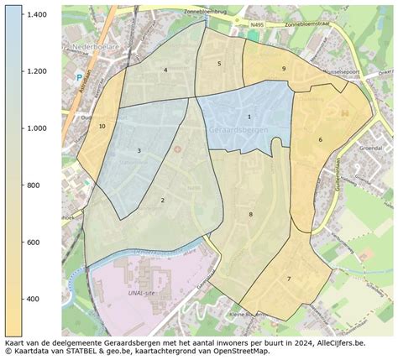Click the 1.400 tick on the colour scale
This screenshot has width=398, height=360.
[x=36, y=15]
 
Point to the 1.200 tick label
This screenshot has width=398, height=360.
[x=36, y=71]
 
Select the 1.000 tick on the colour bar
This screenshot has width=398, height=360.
[x=36, y=128]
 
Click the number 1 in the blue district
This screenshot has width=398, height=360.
[x=249, y=117]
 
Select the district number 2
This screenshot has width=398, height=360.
[x=162, y=201]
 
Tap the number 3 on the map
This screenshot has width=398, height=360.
[x=139, y=151]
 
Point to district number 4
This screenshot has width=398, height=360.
[x=165, y=70]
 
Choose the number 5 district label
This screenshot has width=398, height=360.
[x=219, y=63]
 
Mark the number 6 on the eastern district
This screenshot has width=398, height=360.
[x=320, y=139]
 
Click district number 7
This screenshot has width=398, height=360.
[x=288, y=279]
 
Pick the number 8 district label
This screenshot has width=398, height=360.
[x=250, y=215]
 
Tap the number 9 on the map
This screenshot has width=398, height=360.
[x=284, y=68]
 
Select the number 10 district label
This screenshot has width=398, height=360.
[x=102, y=126]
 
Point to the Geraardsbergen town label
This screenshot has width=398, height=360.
[x=233, y=132]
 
